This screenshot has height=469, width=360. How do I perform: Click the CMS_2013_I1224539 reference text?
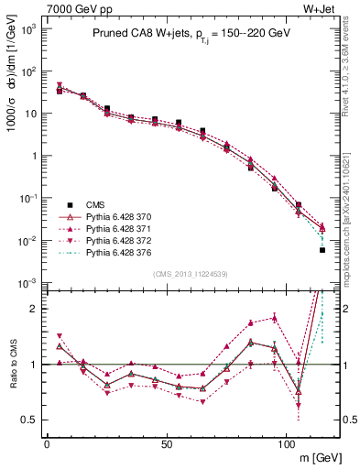(x=191, y=274)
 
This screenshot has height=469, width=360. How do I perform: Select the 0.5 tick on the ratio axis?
(x=33, y=420)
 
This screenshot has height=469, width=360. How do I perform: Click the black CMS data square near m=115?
(x=322, y=249)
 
